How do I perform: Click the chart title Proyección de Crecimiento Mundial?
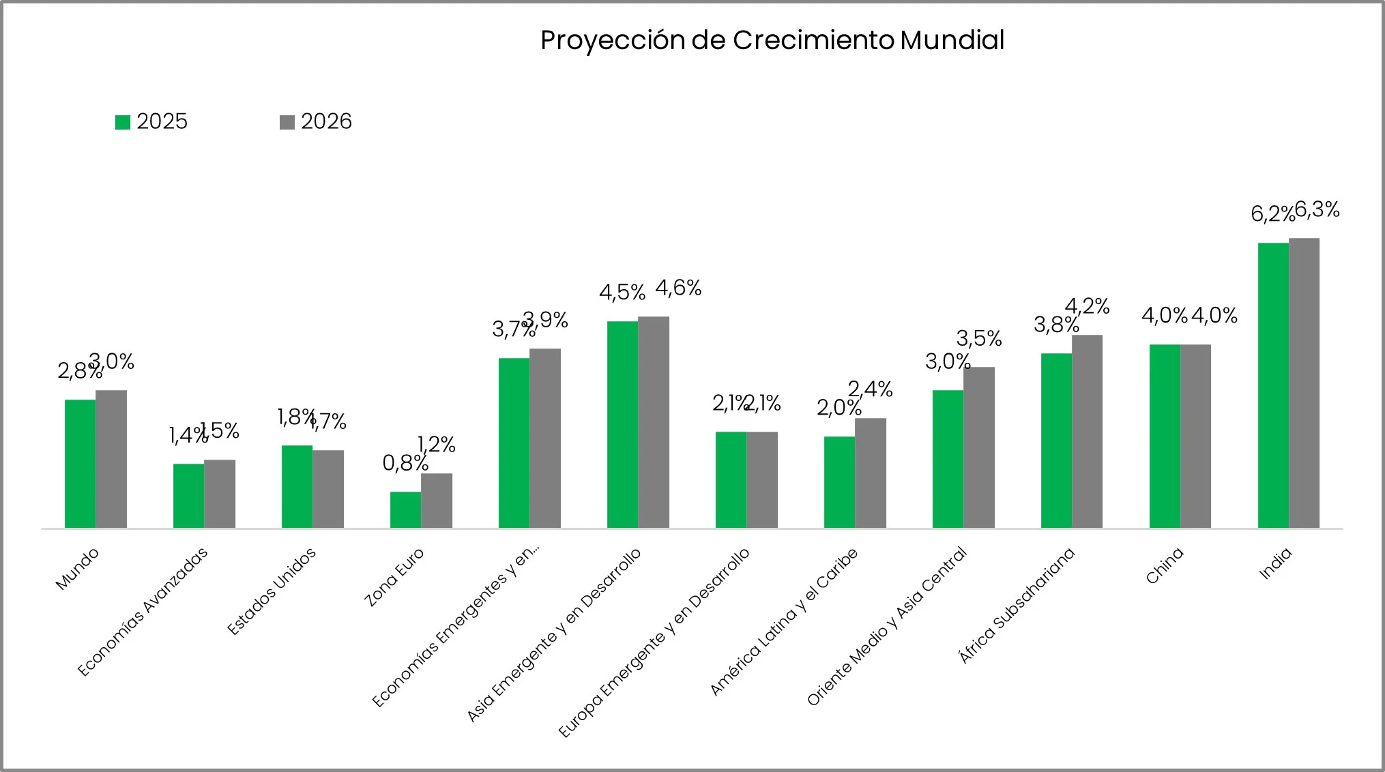pyautogui.click(x=772, y=40)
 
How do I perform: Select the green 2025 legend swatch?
pyautogui.click(x=123, y=122)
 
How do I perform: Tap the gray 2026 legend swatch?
pyautogui.click(x=287, y=122)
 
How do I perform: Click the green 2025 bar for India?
pyautogui.click(x=1273, y=385)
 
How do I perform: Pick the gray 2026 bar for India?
pyautogui.click(x=1304, y=383)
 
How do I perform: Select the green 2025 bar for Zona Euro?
pyautogui.click(x=405, y=509)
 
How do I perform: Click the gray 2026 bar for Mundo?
pyautogui.click(x=111, y=459)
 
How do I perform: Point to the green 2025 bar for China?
pyautogui.click(x=1165, y=436)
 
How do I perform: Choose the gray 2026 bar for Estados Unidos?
pyautogui.click(x=328, y=489)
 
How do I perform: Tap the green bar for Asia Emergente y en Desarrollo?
pyautogui.click(x=622, y=424)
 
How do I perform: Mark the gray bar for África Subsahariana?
pyautogui.click(x=1087, y=431)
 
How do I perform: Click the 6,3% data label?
pyautogui.click(x=1317, y=210)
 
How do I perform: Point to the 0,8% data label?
pyautogui.click(x=405, y=463)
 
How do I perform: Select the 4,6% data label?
pyautogui.click(x=678, y=288)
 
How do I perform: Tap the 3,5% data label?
pyautogui.click(x=978, y=338)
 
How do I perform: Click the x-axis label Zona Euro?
pyautogui.click(x=394, y=577)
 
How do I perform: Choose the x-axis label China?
pyautogui.click(x=1164, y=566)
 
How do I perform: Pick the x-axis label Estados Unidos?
pyautogui.click(x=272, y=591)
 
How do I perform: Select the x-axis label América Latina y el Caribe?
pyautogui.click(x=784, y=621)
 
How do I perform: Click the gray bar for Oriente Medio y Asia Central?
pyautogui.click(x=978, y=447)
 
